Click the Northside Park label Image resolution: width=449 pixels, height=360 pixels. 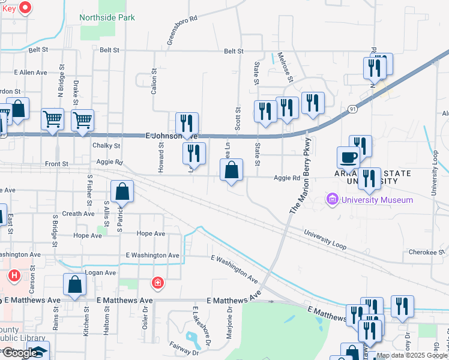tap(107, 17)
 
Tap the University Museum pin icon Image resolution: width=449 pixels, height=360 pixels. tap(331, 199)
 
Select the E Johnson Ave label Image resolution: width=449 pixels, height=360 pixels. tap(172, 136)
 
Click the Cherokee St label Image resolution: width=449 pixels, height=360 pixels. tap(426, 253)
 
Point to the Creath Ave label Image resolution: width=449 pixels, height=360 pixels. tap(78, 214)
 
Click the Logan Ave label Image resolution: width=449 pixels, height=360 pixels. tap(100, 272)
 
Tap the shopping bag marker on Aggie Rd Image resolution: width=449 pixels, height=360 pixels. tap(231, 171)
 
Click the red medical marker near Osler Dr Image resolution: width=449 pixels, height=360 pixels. tap(157, 282)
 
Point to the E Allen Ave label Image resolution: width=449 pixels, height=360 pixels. tap(25, 73)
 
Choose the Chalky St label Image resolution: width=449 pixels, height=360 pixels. tap(106, 146)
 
